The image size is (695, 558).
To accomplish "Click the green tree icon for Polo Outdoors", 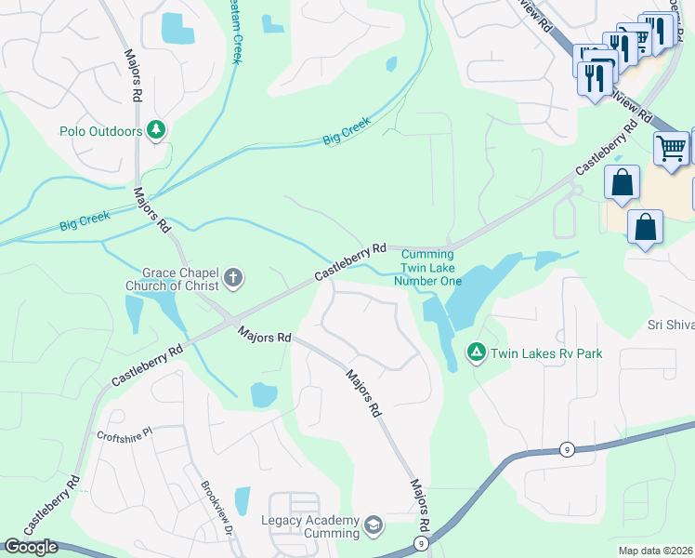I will (157, 131).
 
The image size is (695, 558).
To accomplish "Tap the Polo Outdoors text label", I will (100, 131).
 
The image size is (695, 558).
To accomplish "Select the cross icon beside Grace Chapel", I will (232, 277).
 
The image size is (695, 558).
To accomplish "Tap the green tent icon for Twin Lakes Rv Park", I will (476, 352).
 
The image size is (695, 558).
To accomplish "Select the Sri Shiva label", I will (670, 325).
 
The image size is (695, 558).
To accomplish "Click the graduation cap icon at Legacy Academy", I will (374, 526).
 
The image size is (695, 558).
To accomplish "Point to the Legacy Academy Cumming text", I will (310, 526).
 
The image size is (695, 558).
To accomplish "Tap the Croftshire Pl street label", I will (124, 434).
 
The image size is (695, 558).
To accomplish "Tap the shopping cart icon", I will (671, 148).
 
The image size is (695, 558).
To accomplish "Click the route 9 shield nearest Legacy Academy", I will (421, 542).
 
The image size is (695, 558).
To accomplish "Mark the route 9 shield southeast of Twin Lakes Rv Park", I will (566, 449).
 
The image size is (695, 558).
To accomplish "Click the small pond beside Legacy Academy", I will (243, 501).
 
